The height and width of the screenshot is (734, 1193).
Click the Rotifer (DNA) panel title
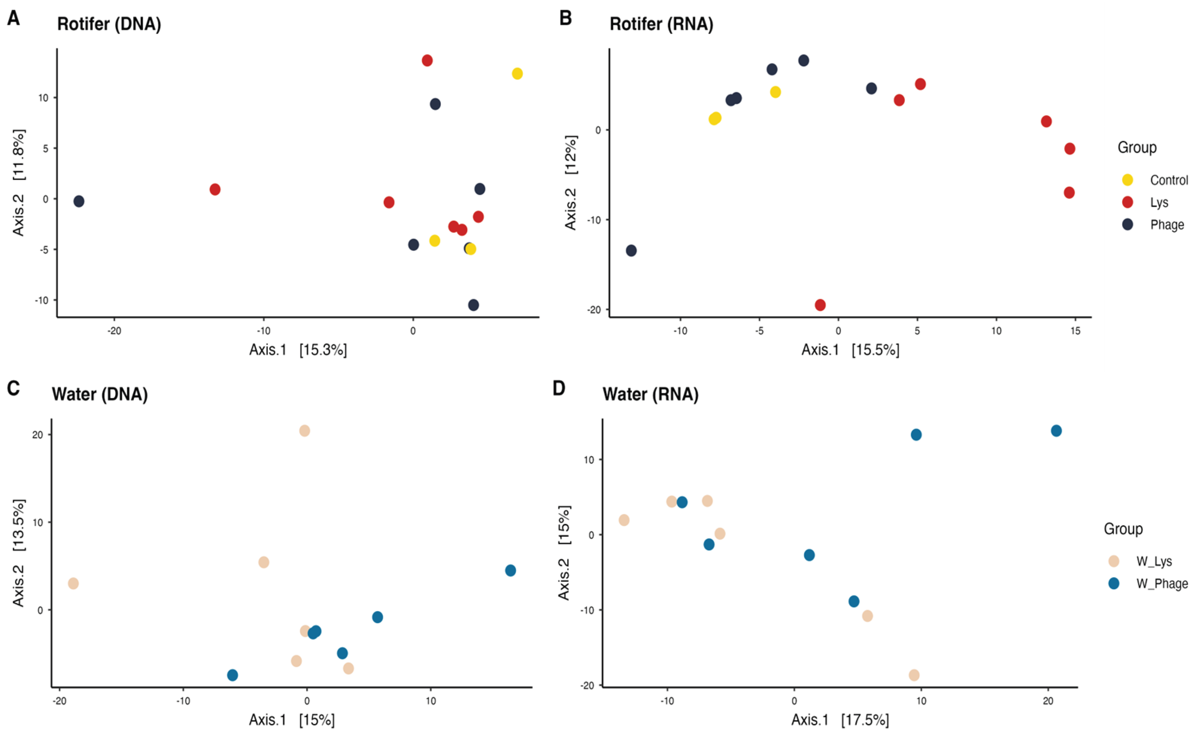[109, 24]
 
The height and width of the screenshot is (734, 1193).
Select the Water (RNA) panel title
[651, 394]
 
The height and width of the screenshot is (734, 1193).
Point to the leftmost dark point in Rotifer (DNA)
[79, 201]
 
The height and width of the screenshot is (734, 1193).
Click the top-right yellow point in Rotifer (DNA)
[517, 74]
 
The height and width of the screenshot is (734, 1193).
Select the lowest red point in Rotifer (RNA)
[820, 305]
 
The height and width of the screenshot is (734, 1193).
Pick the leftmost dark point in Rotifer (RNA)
[631, 251]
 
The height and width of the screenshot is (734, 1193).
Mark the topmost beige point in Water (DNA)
[304, 431]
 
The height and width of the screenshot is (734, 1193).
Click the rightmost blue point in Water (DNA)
[510, 570]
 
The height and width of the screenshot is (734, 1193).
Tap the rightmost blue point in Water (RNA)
[1056, 431]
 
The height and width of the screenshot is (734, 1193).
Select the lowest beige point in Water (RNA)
[914, 675]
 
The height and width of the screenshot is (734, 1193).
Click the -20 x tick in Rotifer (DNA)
[114, 331]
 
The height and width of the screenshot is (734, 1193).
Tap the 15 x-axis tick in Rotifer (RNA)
[1075, 331]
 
